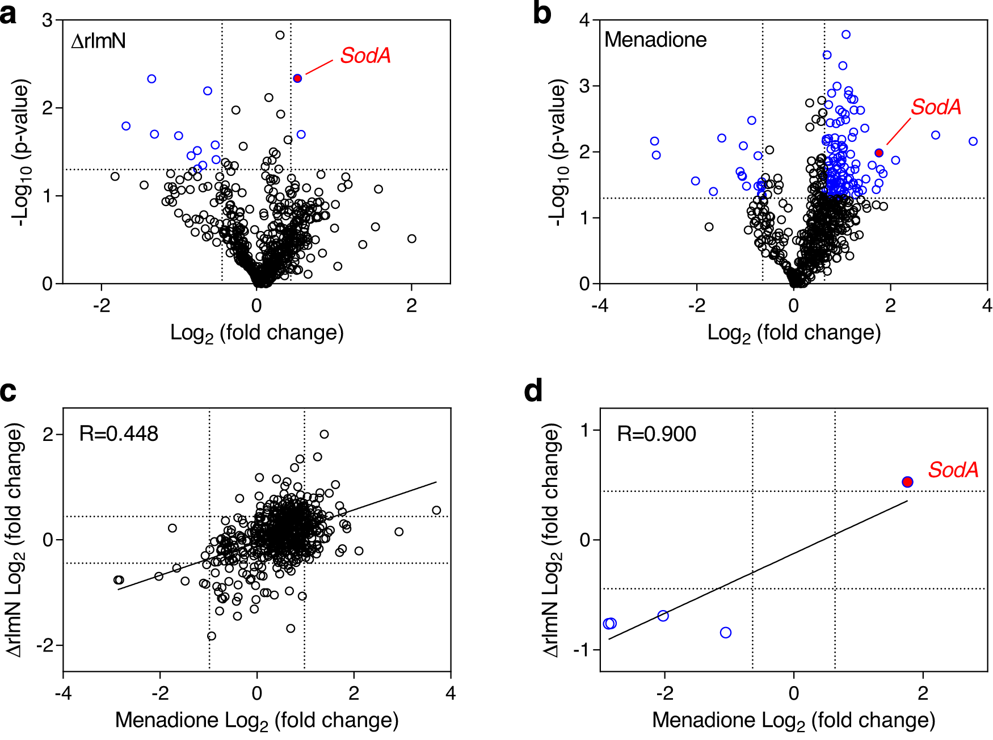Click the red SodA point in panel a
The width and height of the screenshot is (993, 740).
tap(297, 78)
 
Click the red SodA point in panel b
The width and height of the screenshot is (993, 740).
tap(879, 153)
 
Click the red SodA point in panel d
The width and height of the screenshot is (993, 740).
tap(907, 482)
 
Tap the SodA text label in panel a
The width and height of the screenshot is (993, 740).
tap(365, 56)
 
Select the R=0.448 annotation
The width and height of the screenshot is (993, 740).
tap(119, 434)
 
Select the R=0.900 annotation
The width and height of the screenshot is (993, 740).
tap(657, 434)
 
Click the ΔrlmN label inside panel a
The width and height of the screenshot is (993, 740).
tap(98, 41)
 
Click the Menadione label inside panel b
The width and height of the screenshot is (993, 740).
tap(655, 40)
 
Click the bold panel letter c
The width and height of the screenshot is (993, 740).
tap(9, 392)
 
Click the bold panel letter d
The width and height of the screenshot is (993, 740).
tap(533, 392)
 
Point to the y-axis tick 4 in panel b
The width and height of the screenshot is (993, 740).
tap(584, 20)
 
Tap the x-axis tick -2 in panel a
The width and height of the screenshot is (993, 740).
tap(102, 306)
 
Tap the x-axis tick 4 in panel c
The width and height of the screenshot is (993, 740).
tap(451, 693)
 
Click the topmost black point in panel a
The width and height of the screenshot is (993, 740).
tap(280, 35)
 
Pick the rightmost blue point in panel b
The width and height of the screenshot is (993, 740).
tap(973, 141)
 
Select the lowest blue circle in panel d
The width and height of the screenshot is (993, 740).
tap(726, 633)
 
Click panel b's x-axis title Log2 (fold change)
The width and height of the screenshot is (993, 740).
tap(794, 333)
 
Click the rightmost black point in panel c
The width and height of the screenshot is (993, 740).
tap(436, 510)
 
